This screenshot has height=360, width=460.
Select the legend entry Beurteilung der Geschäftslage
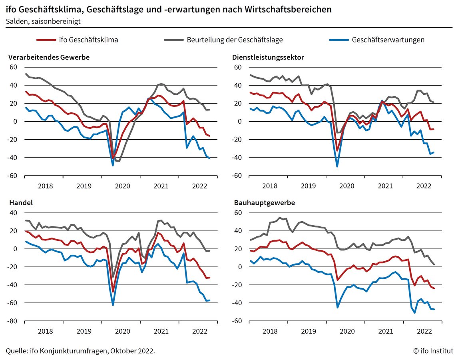click(x=235, y=40)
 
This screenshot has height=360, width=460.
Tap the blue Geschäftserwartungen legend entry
click(x=388, y=40)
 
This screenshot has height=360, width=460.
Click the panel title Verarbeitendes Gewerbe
click(x=49, y=57)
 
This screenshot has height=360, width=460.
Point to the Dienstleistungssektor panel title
click(x=268, y=57)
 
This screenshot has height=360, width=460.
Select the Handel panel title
click(x=21, y=203)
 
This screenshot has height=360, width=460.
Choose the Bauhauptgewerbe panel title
click(x=265, y=203)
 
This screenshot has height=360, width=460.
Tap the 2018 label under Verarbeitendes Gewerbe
click(x=45, y=186)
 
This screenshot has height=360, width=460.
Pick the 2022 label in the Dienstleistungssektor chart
click(x=424, y=186)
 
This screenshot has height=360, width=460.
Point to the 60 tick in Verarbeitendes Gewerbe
click(x=14, y=67)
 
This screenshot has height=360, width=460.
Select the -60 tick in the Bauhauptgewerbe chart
click(x=238, y=321)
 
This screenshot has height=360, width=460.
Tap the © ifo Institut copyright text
click(x=433, y=351)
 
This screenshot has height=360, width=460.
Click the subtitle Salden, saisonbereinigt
click(x=43, y=21)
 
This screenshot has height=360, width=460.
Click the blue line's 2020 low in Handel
click(x=113, y=305)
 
